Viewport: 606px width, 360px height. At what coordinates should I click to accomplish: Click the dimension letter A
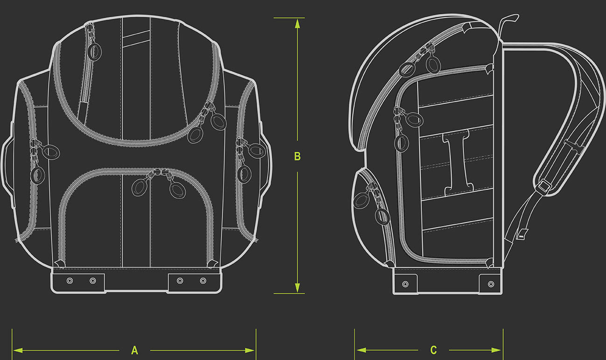(134, 350)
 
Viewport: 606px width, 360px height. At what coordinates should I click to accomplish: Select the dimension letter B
(297, 156)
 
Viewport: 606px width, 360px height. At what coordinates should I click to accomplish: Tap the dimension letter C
(433, 350)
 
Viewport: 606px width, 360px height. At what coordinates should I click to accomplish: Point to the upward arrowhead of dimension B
(297, 23)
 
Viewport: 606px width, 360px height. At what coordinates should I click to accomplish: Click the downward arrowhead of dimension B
(297, 288)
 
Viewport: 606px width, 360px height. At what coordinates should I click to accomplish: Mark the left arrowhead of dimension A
(18, 351)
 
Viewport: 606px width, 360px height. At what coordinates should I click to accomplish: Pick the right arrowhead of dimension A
(250, 351)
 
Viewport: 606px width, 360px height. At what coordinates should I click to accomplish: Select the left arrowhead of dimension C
(361, 350)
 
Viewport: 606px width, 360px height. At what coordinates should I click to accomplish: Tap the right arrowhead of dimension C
(496, 350)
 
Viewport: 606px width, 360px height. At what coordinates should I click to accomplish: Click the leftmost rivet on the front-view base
(70, 281)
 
